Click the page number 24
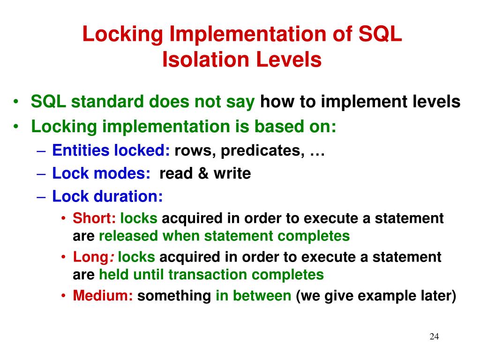point(434,337)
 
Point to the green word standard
point(109,102)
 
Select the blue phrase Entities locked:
point(111,150)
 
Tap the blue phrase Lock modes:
point(101,173)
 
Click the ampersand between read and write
point(203,173)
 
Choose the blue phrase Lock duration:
point(107,196)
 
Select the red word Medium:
point(103,296)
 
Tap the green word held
point(114,274)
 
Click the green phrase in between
point(253,296)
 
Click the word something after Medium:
point(174,296)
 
